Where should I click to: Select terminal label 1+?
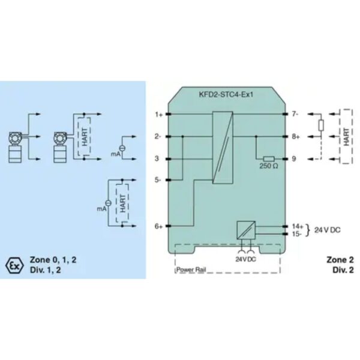158,114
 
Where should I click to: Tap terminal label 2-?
158,136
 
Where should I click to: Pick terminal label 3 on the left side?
157,159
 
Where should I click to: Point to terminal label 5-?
158,180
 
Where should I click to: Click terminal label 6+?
158,226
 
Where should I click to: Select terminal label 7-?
293,114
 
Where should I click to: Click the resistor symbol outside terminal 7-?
321,125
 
